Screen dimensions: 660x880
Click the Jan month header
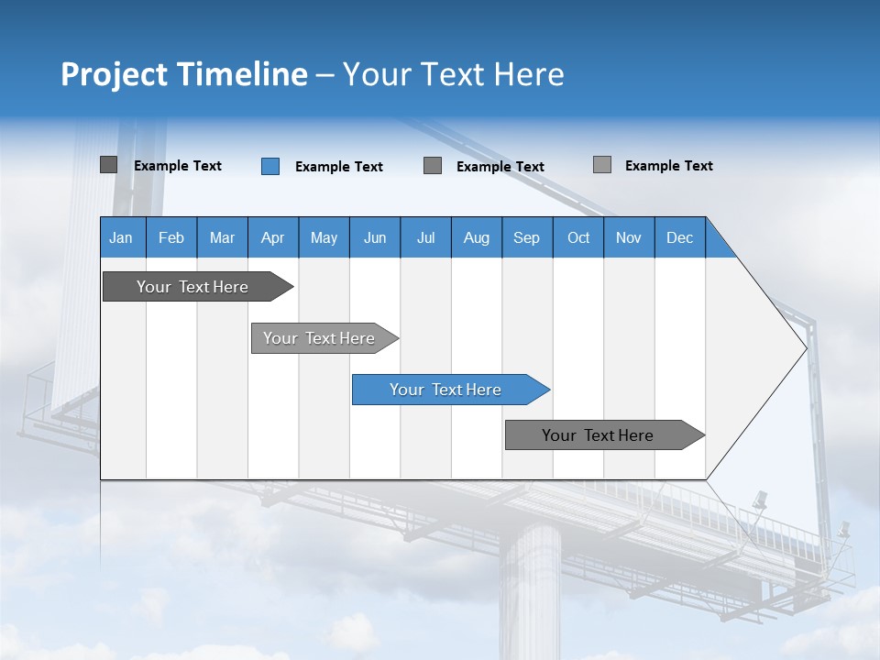(122, 237)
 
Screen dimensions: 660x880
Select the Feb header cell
(171, 237)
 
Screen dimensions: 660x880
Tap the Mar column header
(222, 237)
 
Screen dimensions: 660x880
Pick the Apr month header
(273, 237)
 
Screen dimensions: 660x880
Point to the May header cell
(324, 237)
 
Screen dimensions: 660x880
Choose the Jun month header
(375, 237)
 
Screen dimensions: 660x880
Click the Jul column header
(425, 237)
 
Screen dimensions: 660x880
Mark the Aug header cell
(477, 237)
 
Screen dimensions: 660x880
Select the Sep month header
(527, 237)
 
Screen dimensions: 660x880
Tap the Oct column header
(578, 237)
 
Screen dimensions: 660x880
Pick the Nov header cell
(629, 237)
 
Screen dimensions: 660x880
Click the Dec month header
(680, 237)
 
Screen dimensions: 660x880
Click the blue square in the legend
(270, 166)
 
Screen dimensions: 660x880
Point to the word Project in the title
(113, 74)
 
